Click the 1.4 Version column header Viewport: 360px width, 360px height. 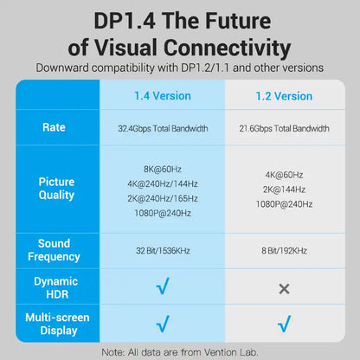pyautogui.click(x=163, y=96)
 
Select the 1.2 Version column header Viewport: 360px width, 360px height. pyautogui.click(x=284, y=96)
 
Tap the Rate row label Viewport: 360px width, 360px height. pyautogui.click(x=54, y=127)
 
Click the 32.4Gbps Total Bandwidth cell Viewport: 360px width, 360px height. pyautogui.click(x=163, y=128)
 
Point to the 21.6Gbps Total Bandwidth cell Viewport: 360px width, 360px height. pyautogui.click(x=284, y=128)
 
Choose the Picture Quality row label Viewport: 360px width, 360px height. pyautogui.click(x=56, y=189)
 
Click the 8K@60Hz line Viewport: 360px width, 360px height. pyautogui.click(x=163, y=169)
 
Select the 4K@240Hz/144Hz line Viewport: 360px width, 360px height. pyautogui.click(x=163, y=183)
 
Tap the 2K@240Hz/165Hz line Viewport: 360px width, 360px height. pyautogui.click(x=163, y=198)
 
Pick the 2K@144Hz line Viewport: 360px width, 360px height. pyautogui.click(x=284, y=190)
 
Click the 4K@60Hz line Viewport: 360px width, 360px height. pyautogui.click(x=284, y=175)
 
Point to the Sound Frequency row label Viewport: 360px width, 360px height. pyautogui.click(x=54, y=250)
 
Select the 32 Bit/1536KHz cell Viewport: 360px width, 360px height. pyautogui.click(x=163, y=251)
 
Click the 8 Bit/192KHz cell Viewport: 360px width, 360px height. pyautogui.click(x=284, y=251)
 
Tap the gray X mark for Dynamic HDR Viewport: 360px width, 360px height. pyautogui.click(x=284, y=289)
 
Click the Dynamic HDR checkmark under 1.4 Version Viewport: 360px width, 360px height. pyautogui.click(x=163, y=286)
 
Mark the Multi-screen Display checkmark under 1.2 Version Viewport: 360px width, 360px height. pyautogui.click(x=284, y=324)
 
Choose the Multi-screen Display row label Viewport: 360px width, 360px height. pyautogui.click(x=57, y=324)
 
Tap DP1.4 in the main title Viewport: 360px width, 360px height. pyautogui.click(x=125, y=21)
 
